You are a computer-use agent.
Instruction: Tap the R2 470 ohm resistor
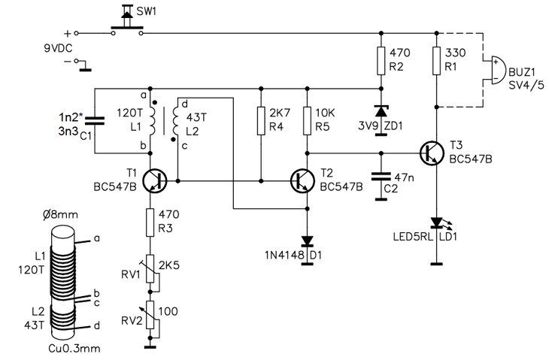(x=381, y=61)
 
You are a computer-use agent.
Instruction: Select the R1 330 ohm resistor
(x=436, y=61)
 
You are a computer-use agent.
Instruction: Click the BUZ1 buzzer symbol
(x=496, y=71)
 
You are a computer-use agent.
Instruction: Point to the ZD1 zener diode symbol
(x=381, y=111)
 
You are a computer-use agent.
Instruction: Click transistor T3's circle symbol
(x=432, y=153)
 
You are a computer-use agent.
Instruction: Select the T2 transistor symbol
(x=302, y=181)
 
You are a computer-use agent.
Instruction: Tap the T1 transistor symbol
(x=155, y=181)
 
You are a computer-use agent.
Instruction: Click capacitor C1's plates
(x=95, y=120)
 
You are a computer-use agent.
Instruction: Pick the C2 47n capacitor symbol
(x=381, y=177)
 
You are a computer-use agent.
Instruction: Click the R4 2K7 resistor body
(x=261, y=121)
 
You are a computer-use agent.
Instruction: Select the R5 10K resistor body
(x=307, y=121)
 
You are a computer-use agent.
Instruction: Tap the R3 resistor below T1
(x=150, y=222)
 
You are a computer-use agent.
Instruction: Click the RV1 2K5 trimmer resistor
(x=150, y=269)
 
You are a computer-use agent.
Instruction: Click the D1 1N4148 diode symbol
(x=307, y=241)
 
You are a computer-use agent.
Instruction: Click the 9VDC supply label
(x=58, y=48)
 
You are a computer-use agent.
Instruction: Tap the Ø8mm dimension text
(x=61, y=214)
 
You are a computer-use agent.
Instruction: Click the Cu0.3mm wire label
(x=74, y=349)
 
